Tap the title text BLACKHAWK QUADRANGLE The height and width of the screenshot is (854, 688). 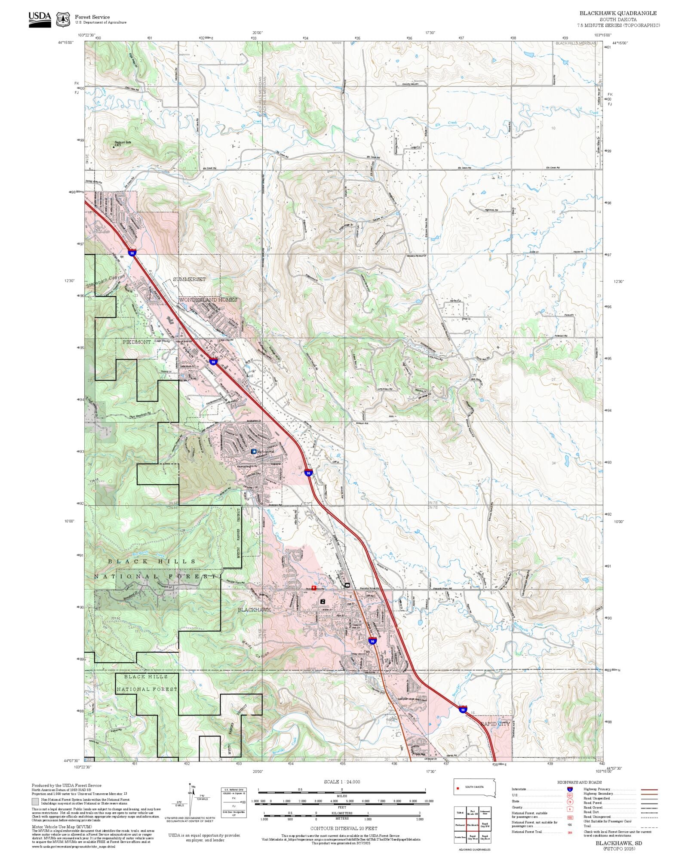618,13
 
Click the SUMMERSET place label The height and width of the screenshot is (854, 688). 189,280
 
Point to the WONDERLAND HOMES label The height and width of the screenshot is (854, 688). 208,300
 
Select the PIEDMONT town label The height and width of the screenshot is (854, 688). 137,342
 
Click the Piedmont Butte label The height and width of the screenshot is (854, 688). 123,142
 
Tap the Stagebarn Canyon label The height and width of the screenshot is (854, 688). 105,281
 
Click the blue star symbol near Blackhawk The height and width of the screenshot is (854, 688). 254,452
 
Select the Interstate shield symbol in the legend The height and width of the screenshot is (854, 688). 570,789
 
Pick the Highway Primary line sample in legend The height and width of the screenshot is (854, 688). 649,789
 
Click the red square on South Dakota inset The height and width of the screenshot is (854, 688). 458,788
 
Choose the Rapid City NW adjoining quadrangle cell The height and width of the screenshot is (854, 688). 485,825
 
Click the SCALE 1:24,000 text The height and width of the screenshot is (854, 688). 342,782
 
